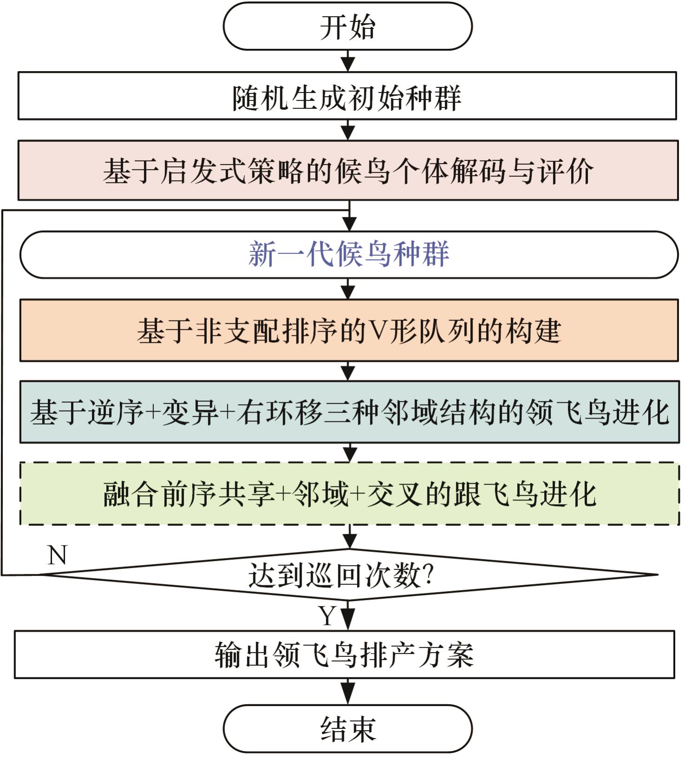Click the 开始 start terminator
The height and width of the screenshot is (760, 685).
point(348,26)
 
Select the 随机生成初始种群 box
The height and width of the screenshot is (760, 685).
point(347,96)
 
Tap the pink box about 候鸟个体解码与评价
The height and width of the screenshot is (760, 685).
point(348,171)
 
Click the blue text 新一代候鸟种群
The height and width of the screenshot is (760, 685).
point(349,254)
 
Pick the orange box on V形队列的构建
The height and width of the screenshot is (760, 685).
point(349,330)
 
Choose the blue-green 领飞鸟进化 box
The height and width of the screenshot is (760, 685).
point(349,412)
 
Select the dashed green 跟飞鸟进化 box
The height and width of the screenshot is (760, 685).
point(349,493)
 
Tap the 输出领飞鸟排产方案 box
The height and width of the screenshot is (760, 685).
point(344,654)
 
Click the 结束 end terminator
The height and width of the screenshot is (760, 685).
point(348,729)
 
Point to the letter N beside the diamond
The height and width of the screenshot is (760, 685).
point(58,555)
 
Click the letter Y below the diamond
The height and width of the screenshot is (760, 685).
point(327,616)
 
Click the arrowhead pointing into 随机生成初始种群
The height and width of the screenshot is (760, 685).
point(348,65)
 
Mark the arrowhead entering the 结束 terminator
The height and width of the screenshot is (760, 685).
point(348,697)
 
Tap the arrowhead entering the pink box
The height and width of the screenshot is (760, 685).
point(348,133)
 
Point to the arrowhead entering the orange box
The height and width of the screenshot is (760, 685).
point(348,292)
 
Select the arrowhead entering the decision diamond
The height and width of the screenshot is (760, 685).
point(349,541)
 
